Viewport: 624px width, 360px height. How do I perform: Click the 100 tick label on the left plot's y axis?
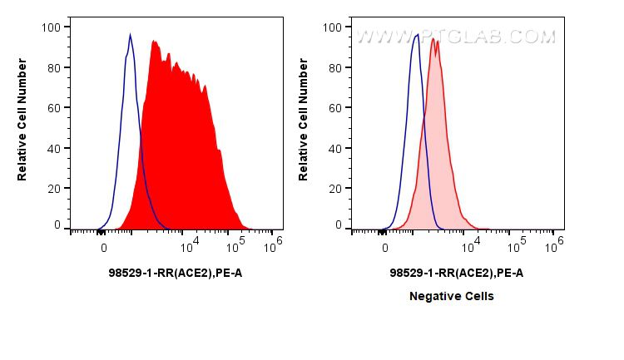[50, 27]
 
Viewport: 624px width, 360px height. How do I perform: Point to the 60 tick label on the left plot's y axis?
[52, 108]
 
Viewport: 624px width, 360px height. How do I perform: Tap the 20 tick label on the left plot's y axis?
[52, 189]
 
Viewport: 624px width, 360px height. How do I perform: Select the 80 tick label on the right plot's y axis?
[334, 68]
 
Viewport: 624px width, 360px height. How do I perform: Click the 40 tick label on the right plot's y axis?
[334, 149]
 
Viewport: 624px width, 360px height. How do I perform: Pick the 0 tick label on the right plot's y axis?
[337, 225]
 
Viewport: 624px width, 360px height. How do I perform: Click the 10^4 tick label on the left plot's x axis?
[189, 244]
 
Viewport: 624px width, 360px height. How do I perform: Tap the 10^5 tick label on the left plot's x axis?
[235, 244]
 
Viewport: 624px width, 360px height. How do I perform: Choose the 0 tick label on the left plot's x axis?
[103, 247]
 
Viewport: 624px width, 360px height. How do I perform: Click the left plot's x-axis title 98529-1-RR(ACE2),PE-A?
[175, 273]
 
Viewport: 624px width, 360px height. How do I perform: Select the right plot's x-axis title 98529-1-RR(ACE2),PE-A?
[456, 273]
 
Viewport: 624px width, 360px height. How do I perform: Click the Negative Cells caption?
[451, 296]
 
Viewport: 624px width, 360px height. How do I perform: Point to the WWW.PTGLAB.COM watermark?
[456, 37]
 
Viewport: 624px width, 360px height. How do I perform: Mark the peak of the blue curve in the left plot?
[131, 35]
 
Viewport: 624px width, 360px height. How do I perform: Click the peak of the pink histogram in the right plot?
[433, 39]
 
